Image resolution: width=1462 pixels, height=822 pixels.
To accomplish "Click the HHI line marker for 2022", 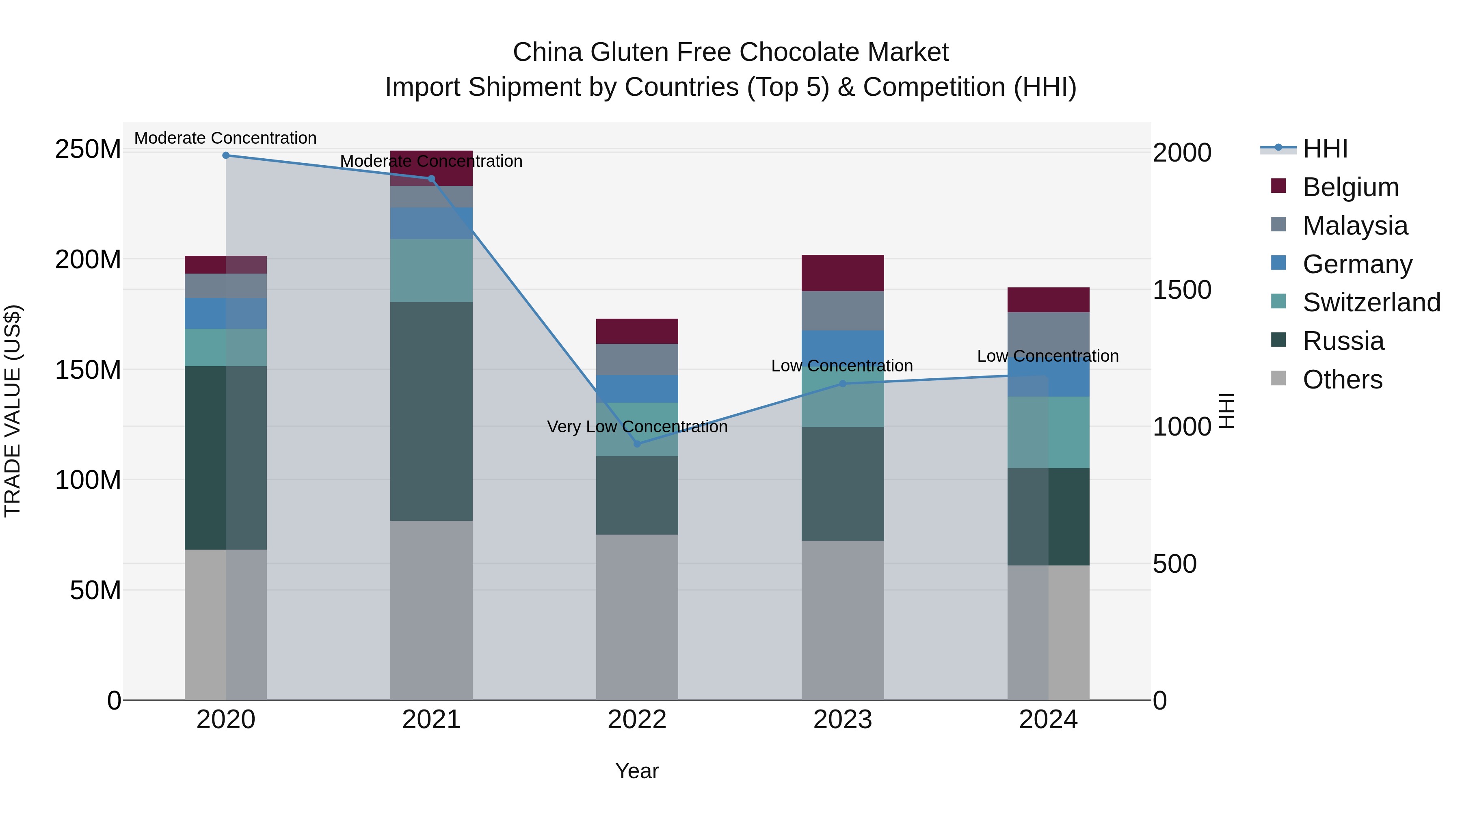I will [637, 444].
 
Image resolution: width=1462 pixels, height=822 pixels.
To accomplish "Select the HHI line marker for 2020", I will [226, 155].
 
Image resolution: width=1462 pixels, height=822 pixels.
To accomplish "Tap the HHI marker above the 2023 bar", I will [842, 384].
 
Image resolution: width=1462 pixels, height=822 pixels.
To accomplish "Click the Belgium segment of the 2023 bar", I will [842, 273].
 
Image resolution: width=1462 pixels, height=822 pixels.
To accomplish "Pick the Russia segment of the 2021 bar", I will [431, 411].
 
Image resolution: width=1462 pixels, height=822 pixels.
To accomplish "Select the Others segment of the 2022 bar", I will [637, 617].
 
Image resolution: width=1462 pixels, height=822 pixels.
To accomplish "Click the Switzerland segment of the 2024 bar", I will [1048, 432].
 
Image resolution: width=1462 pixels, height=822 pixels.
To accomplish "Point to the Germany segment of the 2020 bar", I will [226, 313].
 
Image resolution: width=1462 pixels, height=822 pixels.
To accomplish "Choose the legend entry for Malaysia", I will [1355, 226].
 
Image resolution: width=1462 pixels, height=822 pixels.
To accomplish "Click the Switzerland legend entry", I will [1371, 302].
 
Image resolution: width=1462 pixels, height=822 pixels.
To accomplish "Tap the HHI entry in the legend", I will [1325, 149].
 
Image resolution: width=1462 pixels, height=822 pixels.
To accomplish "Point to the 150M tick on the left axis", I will [88, 370].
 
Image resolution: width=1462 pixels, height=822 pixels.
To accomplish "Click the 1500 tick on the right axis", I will [1182, 290].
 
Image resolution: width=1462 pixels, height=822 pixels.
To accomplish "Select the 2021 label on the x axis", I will [431, 720].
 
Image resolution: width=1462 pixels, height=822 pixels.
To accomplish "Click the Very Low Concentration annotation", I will [637, 427].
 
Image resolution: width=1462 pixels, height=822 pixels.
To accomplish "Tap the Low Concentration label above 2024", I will [1048, 356].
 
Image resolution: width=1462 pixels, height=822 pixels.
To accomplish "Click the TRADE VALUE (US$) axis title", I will [13, 411].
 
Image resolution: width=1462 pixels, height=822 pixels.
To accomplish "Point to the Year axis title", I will [637, 771].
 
